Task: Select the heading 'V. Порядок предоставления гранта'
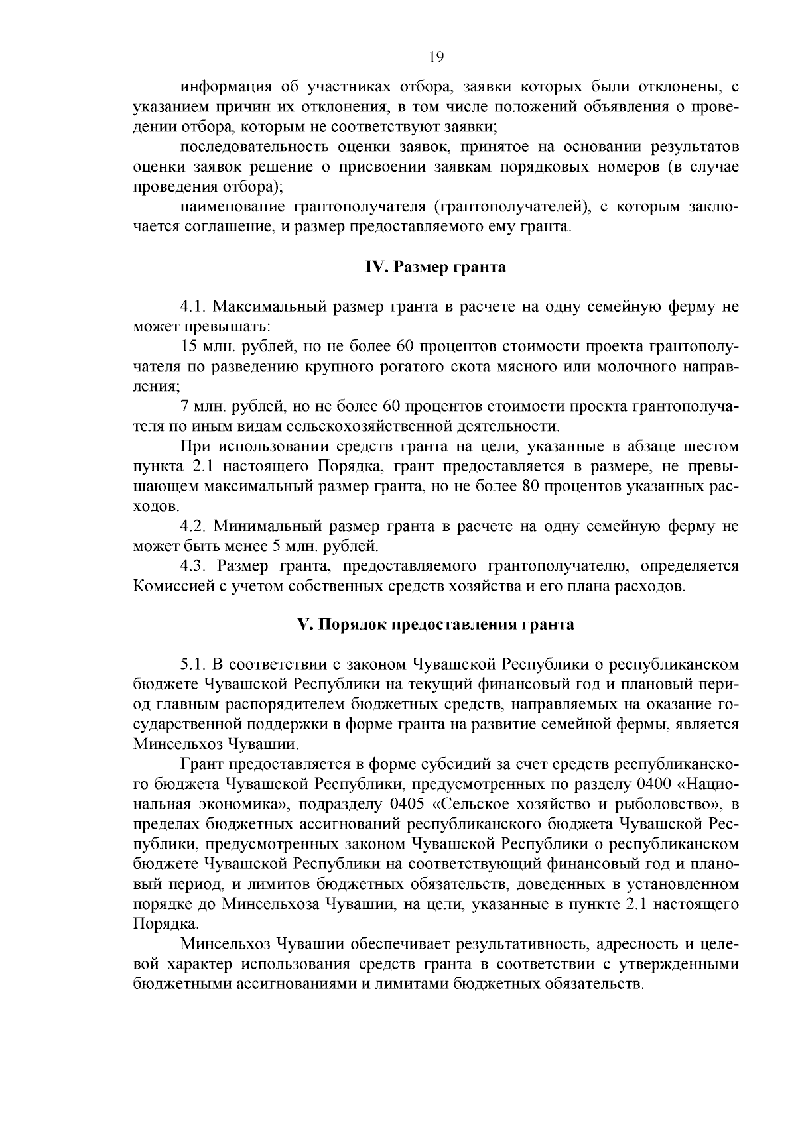click(435, 624)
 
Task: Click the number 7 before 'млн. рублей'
click(184, 406)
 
